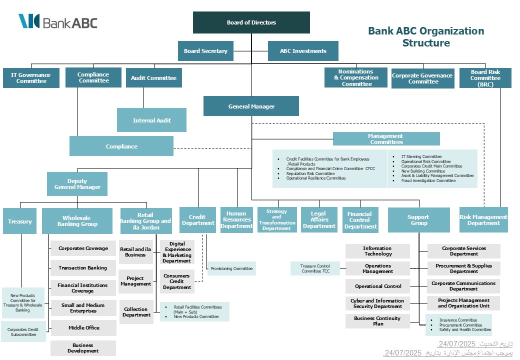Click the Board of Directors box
click(x=251, y=22)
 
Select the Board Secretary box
click(x=205, y=51)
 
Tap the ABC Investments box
click(x=303, y=51)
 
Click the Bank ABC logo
click(x=58, y=22)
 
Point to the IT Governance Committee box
click(x=31, y=78)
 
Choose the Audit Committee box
click(x=153, y=78)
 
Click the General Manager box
click(x=251, y=106)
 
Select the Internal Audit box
click(x=151, y=120)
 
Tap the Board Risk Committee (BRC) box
click(x=485, y=78)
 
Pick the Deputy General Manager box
click(x=77, y=184)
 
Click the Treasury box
click(x=20, y=221)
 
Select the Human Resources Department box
click(x=237, y=220)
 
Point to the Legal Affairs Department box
click(x=319, y=220)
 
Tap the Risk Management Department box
click(x=483, y=220)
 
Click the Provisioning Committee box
click(x=231, y=268)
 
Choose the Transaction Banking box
click(x=83, y=268)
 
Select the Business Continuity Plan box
click(x=377, y=321)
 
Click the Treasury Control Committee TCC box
click(x=315, y=268)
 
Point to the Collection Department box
click(x=136, y=312)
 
